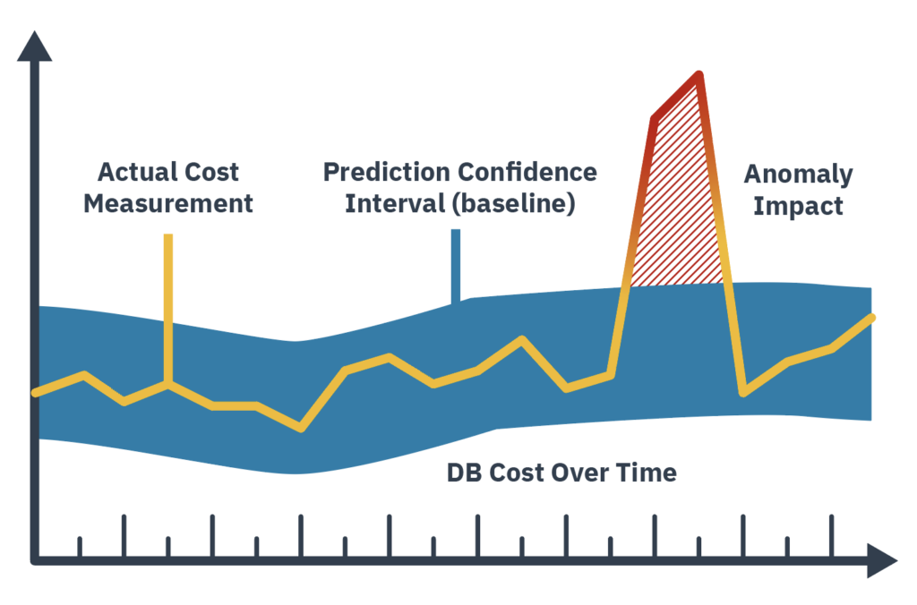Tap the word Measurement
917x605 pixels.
(168, 203)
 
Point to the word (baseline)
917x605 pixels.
(511, 203)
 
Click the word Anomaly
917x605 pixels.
(798, 175)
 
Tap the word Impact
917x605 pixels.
(798, 206)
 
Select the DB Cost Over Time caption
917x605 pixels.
(561, 473)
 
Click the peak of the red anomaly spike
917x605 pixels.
(698, 75)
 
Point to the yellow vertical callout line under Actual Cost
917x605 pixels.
(167, 304)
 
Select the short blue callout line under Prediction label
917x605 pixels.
(456, 264)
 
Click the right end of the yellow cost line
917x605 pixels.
(870, 318)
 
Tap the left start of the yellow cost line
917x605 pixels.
(36, 392)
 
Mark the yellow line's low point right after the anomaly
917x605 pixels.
(743, 392)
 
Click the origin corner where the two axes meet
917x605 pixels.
(35, 561)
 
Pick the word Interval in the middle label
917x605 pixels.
(394, 203)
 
